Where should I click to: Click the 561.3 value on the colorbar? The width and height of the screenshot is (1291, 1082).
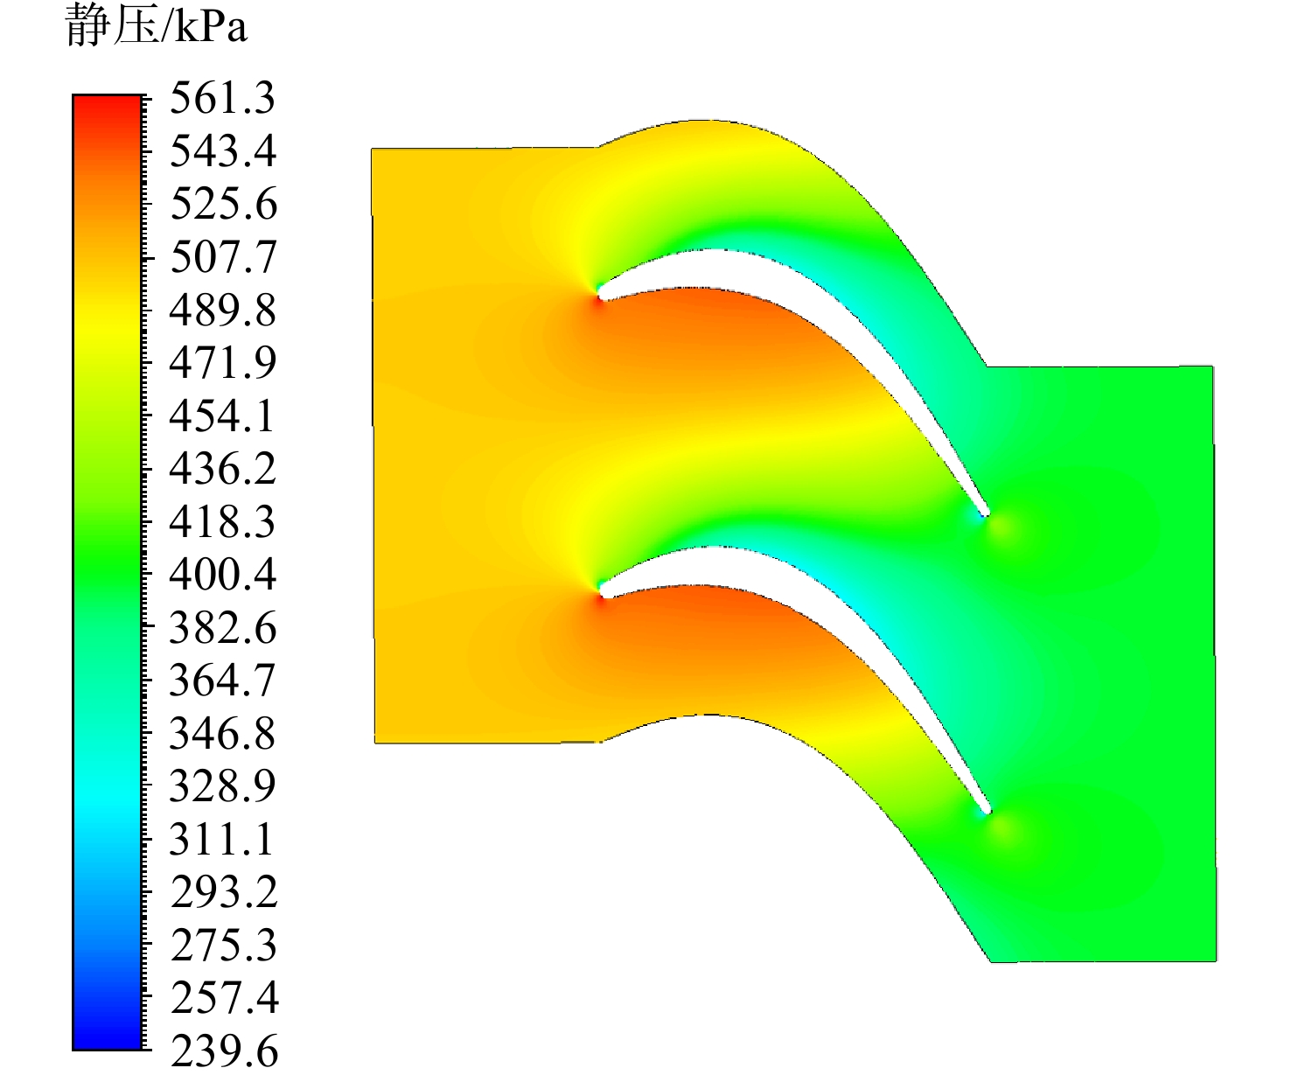(222, 98)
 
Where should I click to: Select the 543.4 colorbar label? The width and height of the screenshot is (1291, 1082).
(222, 151)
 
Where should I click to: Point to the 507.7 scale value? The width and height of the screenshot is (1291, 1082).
(222, 258)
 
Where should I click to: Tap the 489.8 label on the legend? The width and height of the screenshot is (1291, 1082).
(222, 311)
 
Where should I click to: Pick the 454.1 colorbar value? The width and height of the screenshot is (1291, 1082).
(222, 416)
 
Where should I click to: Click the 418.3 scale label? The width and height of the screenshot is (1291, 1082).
(222, 522)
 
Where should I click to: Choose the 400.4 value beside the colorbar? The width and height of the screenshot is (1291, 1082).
(222, 576)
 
